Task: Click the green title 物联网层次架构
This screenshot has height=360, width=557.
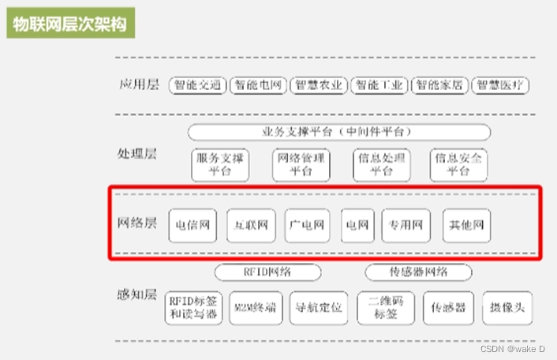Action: [x=70, y=24]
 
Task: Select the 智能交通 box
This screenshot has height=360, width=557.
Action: [x=197, y=85]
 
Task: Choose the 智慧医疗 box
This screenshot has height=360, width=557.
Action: [x=501, y=85]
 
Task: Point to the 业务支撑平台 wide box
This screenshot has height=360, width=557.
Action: [x=338, y=131]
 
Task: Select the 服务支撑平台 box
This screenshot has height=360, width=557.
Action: [x=220, y=164]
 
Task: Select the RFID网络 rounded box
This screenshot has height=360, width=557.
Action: [x=267, y=272]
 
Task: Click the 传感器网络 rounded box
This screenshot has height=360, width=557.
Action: [x=418, y=272]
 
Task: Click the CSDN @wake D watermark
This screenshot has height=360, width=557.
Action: [x=513, y=347]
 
